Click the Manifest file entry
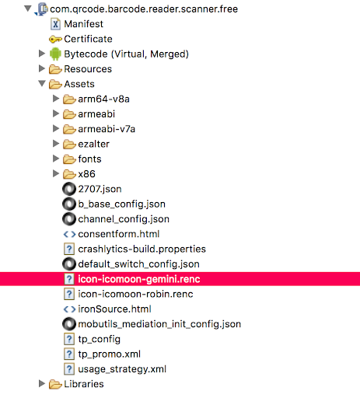coord(83,24)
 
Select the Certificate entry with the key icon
coord(88,39)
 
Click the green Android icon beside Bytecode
coord(55,54)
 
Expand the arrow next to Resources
coord(42,68)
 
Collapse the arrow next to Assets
coord(42,83)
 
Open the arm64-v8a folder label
coord(103,99)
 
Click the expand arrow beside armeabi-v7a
coord(56,128)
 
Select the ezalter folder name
coord(93,144)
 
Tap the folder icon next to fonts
coord(69,159)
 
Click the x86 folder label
coord(86,174)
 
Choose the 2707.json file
coord(100,189)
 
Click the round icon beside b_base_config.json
coord(69,204)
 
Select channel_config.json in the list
coord(124,219)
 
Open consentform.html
coord(119,234)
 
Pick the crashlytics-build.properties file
coord(142,249)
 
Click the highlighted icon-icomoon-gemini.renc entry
coord(139,279)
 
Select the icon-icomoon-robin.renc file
coord(135,294)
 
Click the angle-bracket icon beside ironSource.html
coord(69,309)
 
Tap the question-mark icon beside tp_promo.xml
coord(69,354)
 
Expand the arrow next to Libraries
coord(42,383)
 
